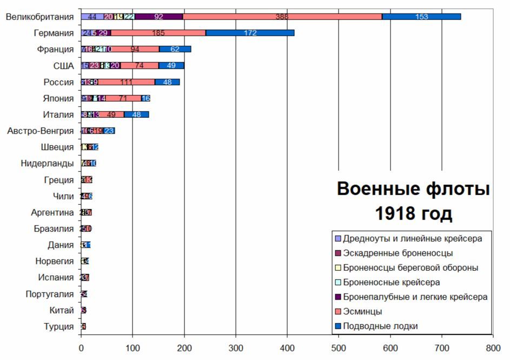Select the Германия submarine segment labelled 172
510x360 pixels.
point(250,33)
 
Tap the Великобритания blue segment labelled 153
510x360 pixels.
point(421,17)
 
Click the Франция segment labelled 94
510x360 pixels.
point(135,50)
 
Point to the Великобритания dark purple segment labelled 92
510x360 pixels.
point(158,17)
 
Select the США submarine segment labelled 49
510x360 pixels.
point(171,66)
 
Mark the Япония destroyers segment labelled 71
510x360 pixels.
point(123,98)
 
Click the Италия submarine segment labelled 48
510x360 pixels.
point(136,115)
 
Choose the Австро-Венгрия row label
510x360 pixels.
point(41,131)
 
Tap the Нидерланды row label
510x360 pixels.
point(47,163)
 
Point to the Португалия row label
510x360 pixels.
point(50,294)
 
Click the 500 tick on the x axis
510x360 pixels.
point(339,349)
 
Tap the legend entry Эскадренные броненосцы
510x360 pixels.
point(398,253)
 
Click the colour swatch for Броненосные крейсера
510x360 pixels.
point(338,283)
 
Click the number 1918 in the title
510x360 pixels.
point(395,214)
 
